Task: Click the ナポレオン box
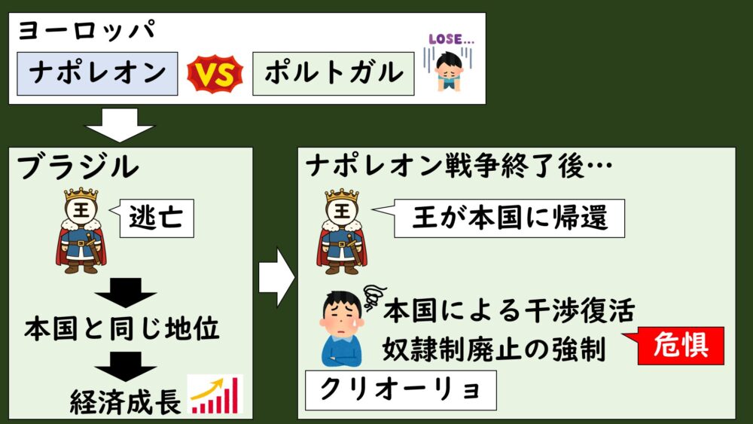pyautogui.click(x=97, y=73)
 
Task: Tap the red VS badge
pyautogui.click(x=215, y=73)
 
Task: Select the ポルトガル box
pyautogui.click(x=333, y=73)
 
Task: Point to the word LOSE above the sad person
pyautogui.click(x=449, y=38)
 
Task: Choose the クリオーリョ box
pyautogui.click(x=398, y=389)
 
